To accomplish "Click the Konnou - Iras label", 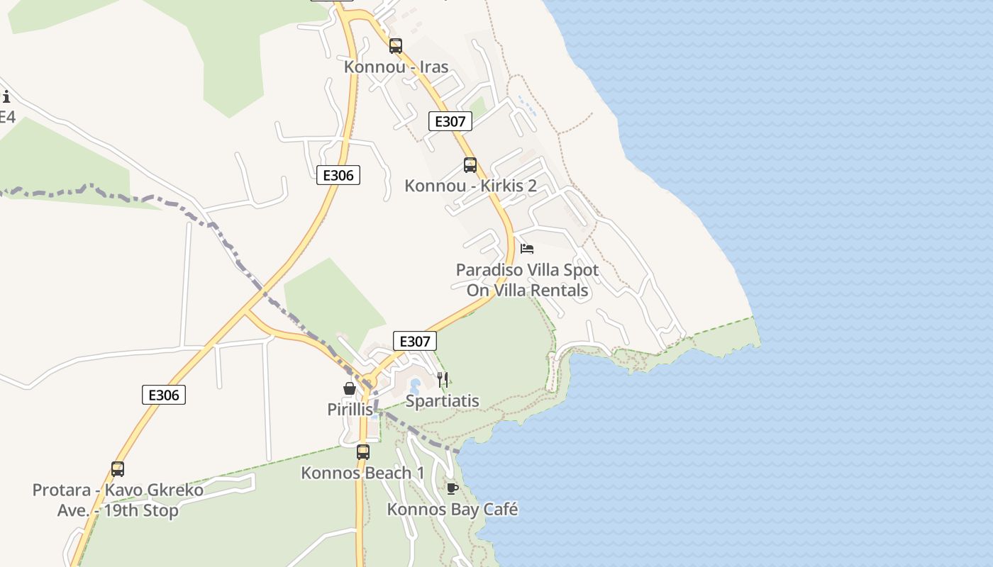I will click(396, 67).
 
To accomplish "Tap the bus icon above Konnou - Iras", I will click(396, 46).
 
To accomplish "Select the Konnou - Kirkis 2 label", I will click(470, 186).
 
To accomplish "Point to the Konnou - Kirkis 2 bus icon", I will click(470, 165).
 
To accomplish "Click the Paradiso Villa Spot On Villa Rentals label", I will click(527, 280).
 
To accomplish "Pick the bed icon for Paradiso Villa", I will click(527, 249).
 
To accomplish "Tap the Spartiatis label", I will click(442, 401).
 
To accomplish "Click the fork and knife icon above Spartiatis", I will click(443, 380).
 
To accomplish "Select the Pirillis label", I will click(350, 410).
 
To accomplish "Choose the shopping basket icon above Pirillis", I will click(350, 388).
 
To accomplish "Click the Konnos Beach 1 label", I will click(362, 473).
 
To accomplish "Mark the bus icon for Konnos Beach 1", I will click(363, 451).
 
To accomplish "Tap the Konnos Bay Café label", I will click(452, 509).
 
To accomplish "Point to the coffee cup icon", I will click(452, 488).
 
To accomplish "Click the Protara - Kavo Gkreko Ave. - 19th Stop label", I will click(118, 500).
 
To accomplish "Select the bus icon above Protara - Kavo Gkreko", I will click(118, 468).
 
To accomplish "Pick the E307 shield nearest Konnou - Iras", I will click(450, 121).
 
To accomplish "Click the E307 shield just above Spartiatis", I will click(415, 341).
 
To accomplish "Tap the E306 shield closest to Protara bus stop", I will click(164, 395).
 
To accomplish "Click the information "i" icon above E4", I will click(6, 97).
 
